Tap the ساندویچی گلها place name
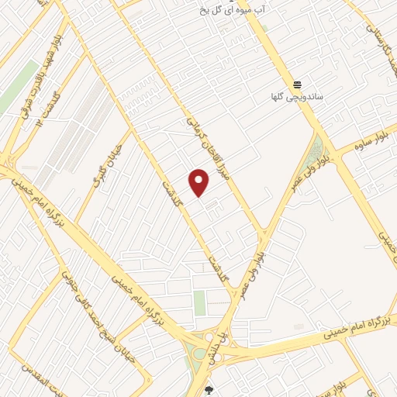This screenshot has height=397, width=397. [x=295, y=97]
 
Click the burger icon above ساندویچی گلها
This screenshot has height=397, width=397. [x=296, y=85]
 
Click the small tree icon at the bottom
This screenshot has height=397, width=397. [x=208, y=389]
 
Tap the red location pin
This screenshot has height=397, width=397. [x=200, y=183]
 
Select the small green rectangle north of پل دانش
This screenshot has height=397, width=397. [x=200, y=302]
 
